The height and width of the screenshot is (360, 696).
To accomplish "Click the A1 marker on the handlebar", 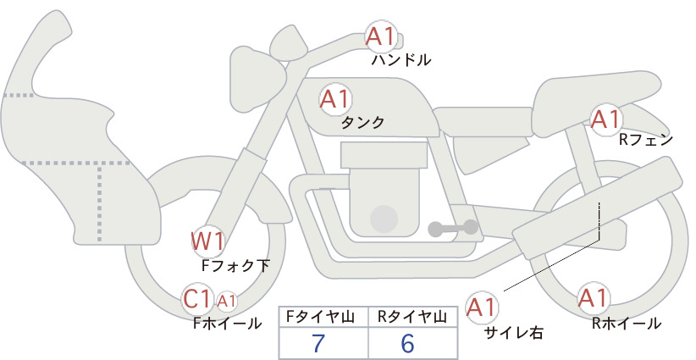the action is (381, 36).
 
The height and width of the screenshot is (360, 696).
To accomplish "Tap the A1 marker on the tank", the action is (335, 99).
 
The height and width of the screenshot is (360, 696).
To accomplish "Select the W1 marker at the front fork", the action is (207, 241).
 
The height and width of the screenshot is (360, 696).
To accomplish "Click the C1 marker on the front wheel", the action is (196, 299).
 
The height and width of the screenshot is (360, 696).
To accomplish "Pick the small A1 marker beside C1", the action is (226, 301).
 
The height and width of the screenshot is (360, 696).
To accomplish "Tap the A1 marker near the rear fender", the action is (606, 119).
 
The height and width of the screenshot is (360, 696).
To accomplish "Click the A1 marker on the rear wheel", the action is (593, 298).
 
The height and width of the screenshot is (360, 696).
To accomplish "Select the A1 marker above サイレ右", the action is (482, 307).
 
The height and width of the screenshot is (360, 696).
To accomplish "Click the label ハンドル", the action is (401, 59).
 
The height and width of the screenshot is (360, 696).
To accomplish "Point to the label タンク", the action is (362, 123).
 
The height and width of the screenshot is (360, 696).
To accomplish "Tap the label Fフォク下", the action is (235, 265).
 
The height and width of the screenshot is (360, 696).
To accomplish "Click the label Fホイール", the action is (227, 324).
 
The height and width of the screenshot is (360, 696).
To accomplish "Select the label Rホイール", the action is (627, 324).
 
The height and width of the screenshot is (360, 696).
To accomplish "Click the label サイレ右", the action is (514, 333).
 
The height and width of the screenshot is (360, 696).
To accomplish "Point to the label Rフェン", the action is (646, 141).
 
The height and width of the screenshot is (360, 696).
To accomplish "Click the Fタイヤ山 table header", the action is (320, 317).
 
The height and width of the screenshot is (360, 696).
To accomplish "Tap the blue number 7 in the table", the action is (318, 343).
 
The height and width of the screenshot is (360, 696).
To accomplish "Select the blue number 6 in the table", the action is (407, 343).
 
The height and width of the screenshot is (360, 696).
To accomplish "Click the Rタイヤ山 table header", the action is (412, 317).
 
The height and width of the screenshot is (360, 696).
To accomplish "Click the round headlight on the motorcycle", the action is (256, 79).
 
